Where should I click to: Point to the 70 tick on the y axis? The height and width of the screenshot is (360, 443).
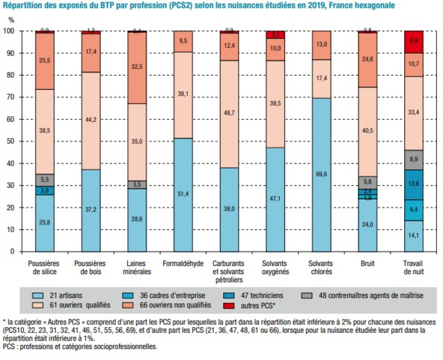(20, 97)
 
